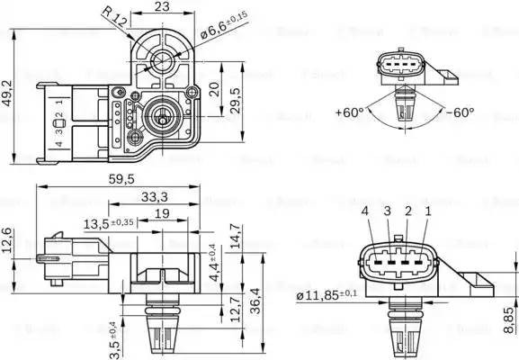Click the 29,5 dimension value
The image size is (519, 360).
click(x=237, y=97)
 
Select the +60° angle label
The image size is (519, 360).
click(x=349, y=112)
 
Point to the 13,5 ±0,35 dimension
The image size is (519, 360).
click(x=109, y=222)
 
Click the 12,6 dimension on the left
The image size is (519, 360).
click(x=9, y=243)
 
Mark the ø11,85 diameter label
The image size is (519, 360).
click(x=326, y=294)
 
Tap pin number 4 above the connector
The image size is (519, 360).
click(x=365, y=211)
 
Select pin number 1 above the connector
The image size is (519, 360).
click(x=427, y=211)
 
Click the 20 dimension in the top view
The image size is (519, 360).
click(x=213, y=89)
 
